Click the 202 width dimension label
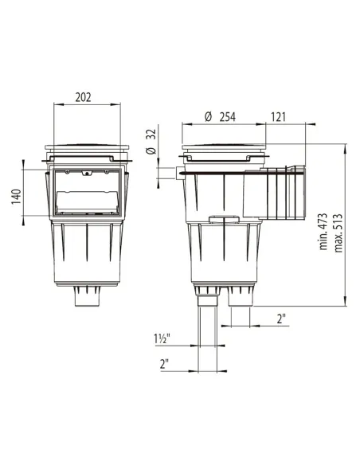83,97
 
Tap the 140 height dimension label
16,197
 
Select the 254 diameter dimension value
228,117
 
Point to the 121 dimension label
279,117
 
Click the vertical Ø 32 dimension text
151,142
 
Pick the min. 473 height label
323,232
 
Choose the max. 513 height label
338,232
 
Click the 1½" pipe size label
162,338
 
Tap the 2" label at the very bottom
164,364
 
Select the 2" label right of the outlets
281,318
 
